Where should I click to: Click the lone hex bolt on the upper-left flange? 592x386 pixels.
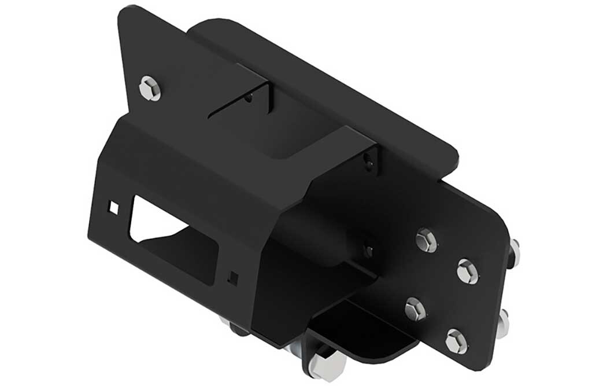click(150, 89)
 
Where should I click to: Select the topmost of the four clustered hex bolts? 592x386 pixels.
click(426, 240)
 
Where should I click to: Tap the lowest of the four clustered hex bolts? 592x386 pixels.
click(456, 341)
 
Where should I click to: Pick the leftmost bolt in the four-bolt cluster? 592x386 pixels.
click(415, 310)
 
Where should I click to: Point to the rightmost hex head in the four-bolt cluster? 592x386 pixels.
click(467, 271)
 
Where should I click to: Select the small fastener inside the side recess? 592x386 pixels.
click(368, 250)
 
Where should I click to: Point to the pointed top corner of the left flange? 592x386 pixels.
click(123, 10)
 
